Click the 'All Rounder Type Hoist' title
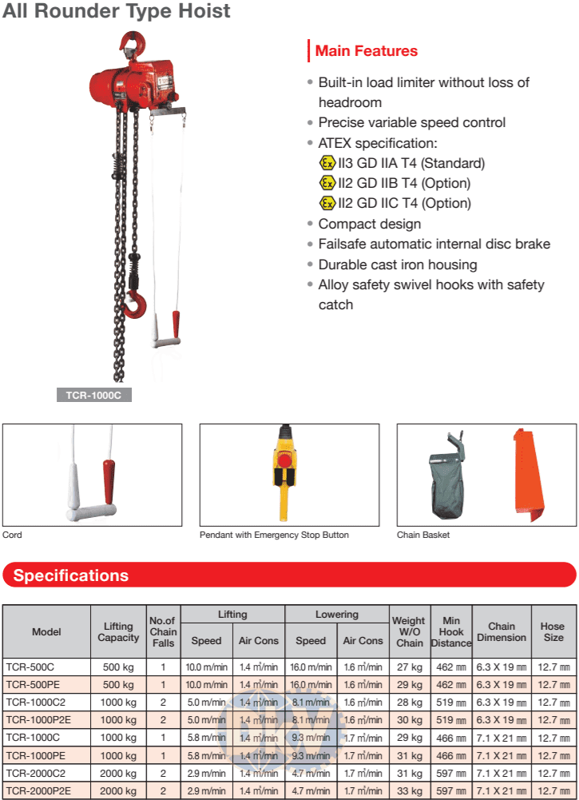point(117,11)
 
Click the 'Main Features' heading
point(366,51)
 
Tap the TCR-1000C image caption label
point(93,395)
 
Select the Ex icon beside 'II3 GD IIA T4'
point(327,163)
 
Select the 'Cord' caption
point(13,535)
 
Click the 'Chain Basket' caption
point(423,535)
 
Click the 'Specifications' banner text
point(71,575)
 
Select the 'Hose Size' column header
point(553,631)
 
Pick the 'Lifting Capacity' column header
point(118,631)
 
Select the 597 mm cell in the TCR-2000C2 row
point(450,773)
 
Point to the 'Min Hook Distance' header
point(450,631)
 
